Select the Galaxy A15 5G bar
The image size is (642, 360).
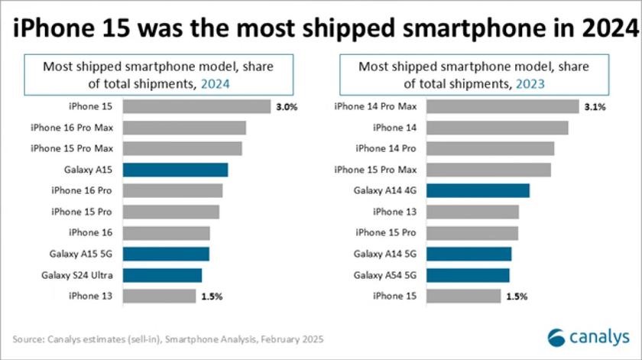[166, 254]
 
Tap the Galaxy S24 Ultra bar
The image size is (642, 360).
[162, 275]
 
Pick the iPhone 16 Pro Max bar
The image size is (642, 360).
[184, 128]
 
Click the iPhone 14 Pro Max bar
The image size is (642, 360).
[502, 107]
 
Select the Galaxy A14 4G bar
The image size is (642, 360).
[478, 190]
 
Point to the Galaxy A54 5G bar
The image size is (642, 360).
[468, 275]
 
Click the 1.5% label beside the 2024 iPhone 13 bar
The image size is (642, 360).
[212, 296]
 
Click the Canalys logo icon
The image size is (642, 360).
[558, 337]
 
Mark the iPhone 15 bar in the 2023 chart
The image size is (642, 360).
[463, 296]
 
